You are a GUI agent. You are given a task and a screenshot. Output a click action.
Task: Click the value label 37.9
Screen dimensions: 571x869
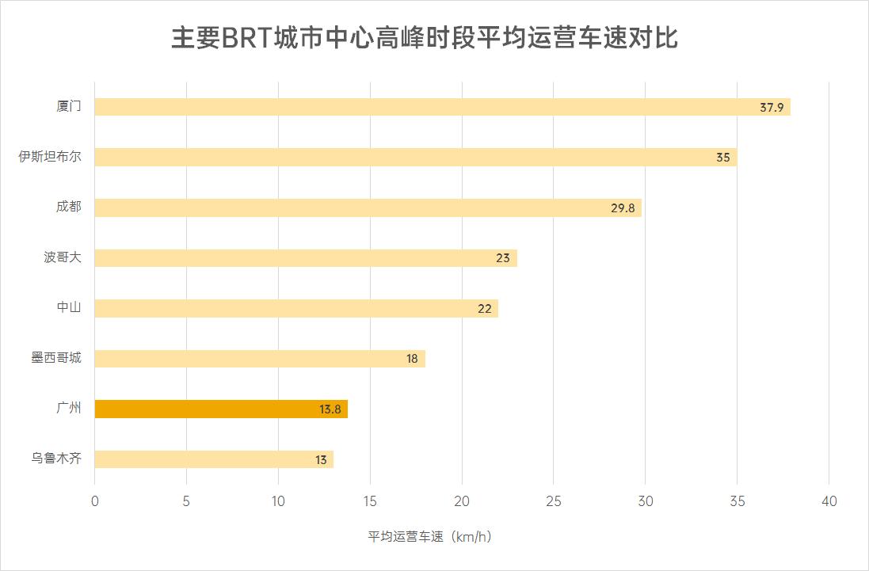click(x=771, y=107)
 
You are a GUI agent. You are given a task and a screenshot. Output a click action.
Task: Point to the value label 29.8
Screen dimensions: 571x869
click(x=622, y=207)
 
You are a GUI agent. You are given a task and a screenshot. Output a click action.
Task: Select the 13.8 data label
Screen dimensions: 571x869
click(x=330, y=409)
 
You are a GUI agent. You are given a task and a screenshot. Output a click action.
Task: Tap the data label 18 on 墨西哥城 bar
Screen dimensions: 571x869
click(x=412, y=359)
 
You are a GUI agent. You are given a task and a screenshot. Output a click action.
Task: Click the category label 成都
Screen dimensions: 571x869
click(x=68, y=207)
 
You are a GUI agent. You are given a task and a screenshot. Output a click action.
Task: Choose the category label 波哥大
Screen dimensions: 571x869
click(x=62, y=257)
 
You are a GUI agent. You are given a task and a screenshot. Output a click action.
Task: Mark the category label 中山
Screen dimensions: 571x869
click(x=68, y=307)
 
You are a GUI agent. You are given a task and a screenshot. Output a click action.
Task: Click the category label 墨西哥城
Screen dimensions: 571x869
click(x=55, y=358)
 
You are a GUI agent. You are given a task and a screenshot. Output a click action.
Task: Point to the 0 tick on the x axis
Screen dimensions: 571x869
click(x=95, y=501)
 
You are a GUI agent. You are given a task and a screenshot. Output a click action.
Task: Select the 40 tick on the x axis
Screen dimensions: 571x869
click(x=829, y=501)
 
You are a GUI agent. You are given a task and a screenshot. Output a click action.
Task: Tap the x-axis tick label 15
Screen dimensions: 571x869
click(x=370, y=501)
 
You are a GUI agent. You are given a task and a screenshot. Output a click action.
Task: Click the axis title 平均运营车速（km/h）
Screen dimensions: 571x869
click(x=430, y=537)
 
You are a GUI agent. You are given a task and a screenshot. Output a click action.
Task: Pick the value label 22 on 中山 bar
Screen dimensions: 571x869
click(x=485, y=308)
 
